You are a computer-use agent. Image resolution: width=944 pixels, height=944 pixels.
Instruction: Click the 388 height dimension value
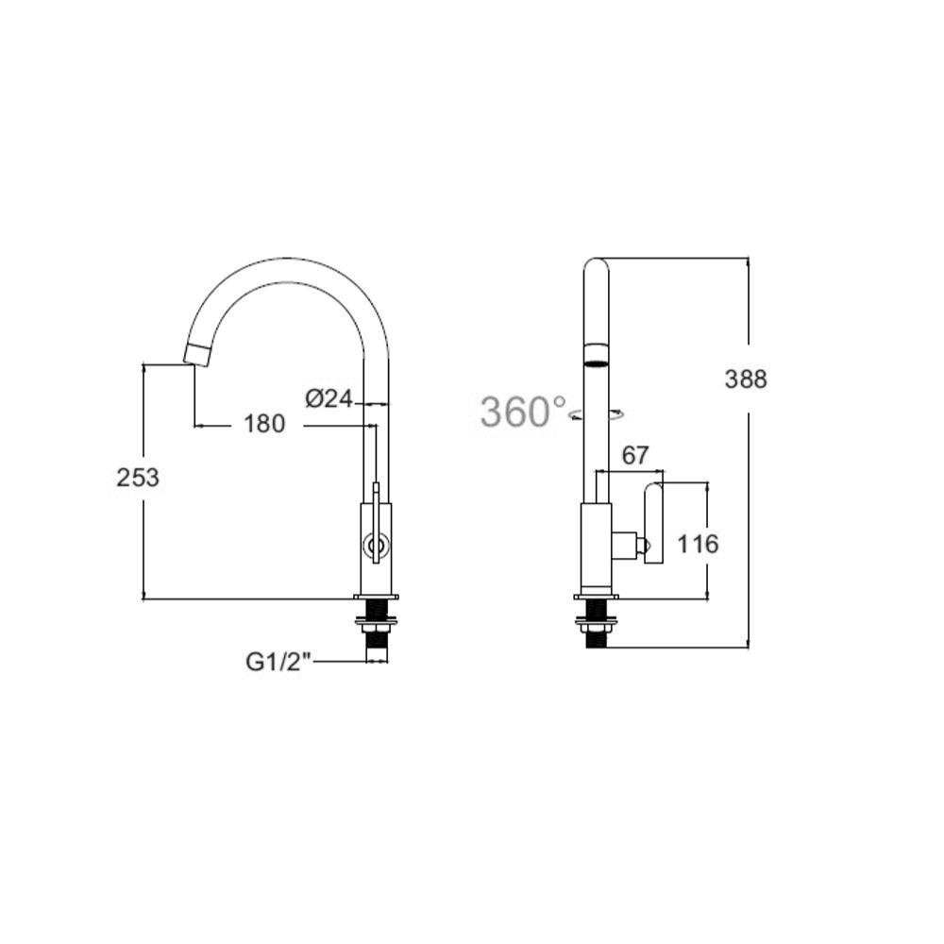[x=746, y=379]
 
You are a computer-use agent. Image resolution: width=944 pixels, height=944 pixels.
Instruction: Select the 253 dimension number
[x=138, y=478]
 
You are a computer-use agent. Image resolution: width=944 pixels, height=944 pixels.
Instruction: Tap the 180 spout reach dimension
[x=264, y=425]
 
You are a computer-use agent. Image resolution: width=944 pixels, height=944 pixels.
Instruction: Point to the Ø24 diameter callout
[x=329, y=399]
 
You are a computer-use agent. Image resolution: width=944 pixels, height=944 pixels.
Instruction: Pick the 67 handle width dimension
[x=636, y=456]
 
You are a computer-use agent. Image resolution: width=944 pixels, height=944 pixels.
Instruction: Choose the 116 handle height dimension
[x=699, y=545]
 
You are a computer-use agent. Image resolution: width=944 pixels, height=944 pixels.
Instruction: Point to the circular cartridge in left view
[x=376, y=545]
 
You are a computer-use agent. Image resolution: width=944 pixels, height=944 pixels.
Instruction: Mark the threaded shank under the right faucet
[x=596, y=639]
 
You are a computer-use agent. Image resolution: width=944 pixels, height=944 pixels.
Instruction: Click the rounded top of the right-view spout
[x=596, y=268]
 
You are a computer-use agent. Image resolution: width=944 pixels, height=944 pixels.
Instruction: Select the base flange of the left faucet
[x=376, y=597]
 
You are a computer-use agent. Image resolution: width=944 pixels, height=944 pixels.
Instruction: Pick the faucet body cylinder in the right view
[x=595, y=548]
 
